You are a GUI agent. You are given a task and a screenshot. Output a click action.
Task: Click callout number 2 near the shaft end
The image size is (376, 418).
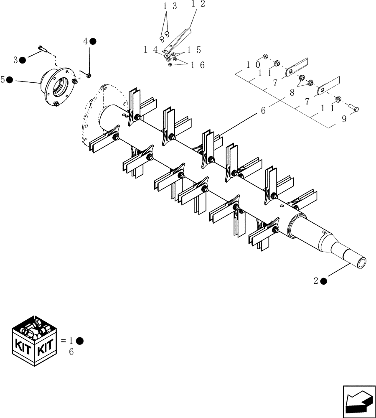(316, 281)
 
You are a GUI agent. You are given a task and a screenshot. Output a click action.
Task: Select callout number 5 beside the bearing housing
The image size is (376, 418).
(3, 79)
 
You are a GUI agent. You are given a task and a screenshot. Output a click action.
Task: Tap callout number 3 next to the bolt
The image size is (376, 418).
(15, 60)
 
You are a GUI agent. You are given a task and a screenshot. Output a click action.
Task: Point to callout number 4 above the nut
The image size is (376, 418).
(86, 41)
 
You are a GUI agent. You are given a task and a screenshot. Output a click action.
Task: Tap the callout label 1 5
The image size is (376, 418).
(194, 50)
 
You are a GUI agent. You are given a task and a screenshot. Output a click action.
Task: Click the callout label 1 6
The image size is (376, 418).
(198, 65)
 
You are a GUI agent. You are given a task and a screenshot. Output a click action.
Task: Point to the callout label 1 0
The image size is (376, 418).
(254, 65)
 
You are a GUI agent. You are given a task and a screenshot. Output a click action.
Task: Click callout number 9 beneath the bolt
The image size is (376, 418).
(344, 119)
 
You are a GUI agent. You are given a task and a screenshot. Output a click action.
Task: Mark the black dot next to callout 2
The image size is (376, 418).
(324, 281)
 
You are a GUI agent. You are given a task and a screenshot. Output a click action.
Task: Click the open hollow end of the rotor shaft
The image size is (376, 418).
(362, 262)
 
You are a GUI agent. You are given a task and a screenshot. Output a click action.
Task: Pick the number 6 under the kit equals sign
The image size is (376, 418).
(71, 352)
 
